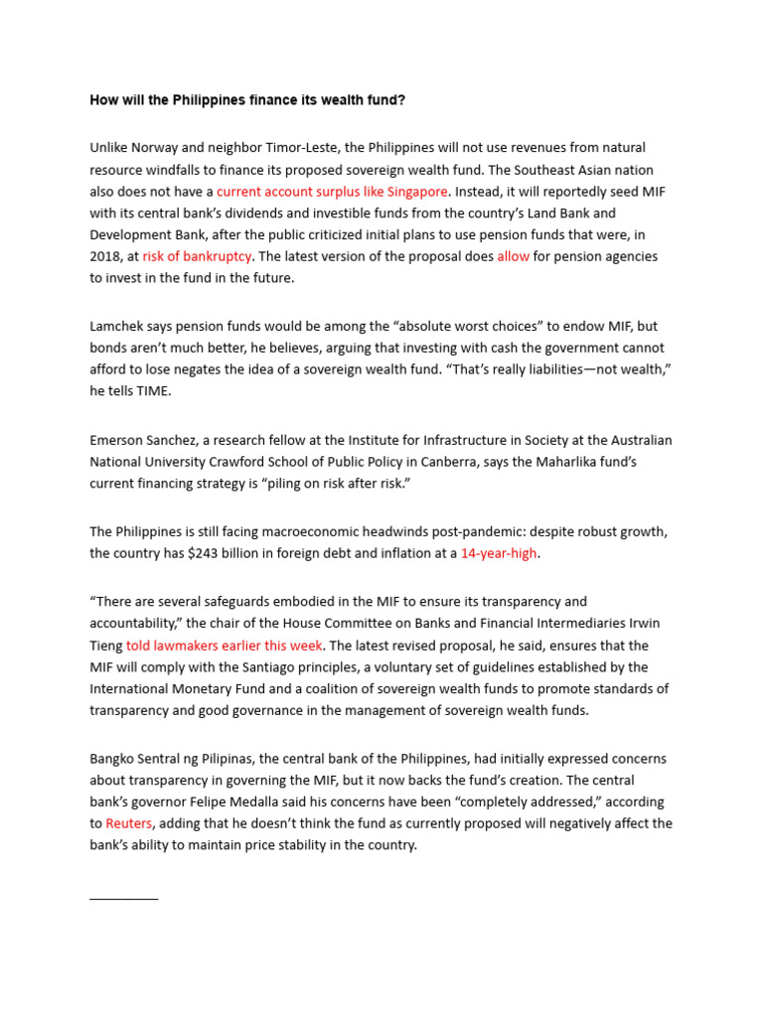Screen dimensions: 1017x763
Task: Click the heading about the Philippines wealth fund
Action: tap(247, 100)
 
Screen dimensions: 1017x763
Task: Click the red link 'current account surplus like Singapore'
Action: tap(333, 192)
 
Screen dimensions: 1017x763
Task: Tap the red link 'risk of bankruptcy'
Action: tap(197, 256)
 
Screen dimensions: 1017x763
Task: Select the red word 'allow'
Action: tap(514, 256)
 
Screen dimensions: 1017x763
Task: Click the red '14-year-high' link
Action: tap(498, 553)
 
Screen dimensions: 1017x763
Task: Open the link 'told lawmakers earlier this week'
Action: tap(224, 645)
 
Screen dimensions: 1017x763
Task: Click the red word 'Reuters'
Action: tap(129, 823)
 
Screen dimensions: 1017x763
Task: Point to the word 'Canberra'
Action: tap(541, 462)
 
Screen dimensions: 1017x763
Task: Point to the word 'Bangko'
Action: tap(113, 759)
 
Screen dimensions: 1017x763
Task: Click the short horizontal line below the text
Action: tap(123, 898)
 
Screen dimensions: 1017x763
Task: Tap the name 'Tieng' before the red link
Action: tap(106, 645)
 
